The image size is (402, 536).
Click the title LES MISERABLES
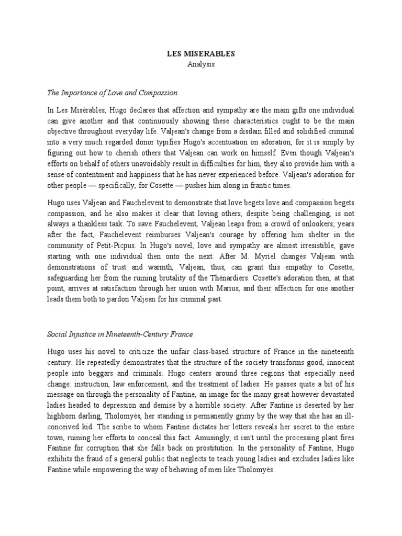(201, 54)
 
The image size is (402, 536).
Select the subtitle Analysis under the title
(201, 64)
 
